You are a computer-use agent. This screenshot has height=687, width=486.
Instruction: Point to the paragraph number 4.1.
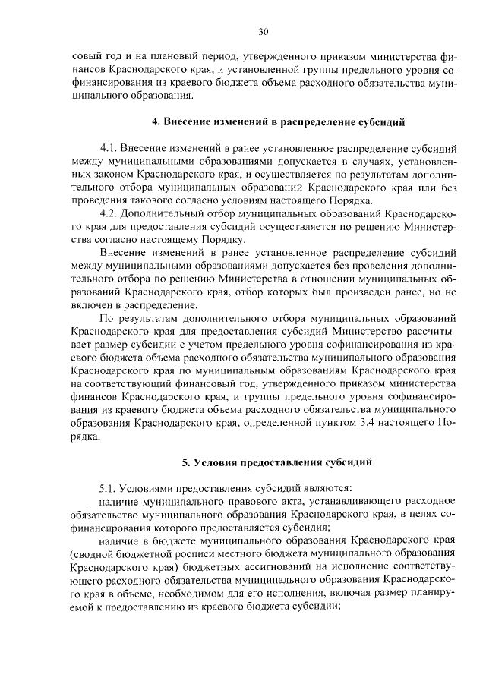[x=110, y=146]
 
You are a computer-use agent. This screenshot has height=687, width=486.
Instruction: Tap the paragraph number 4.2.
[x=110, y=214]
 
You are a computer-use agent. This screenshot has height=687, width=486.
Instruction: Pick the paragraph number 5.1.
[x=110, y=487]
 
